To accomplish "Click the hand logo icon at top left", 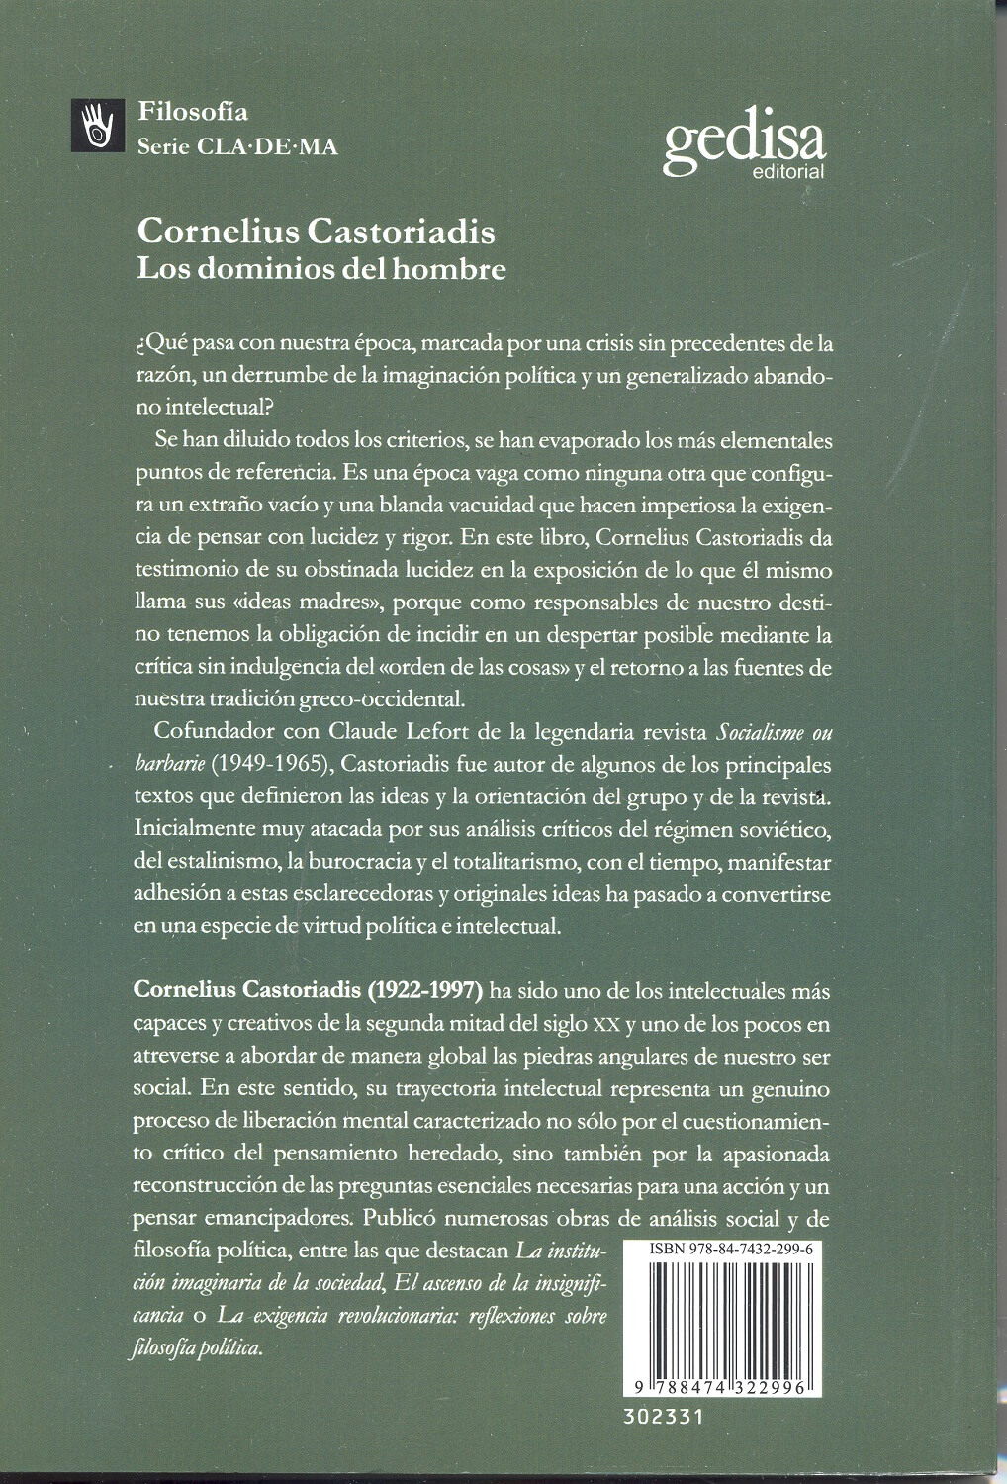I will click(97, 127).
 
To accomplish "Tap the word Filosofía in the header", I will click(193, 112).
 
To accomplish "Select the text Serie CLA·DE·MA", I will click(237, 146).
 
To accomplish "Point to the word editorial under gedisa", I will click(787, 172).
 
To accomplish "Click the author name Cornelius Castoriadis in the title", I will click(316, 232).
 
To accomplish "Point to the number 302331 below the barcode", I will click(664, 1417).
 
